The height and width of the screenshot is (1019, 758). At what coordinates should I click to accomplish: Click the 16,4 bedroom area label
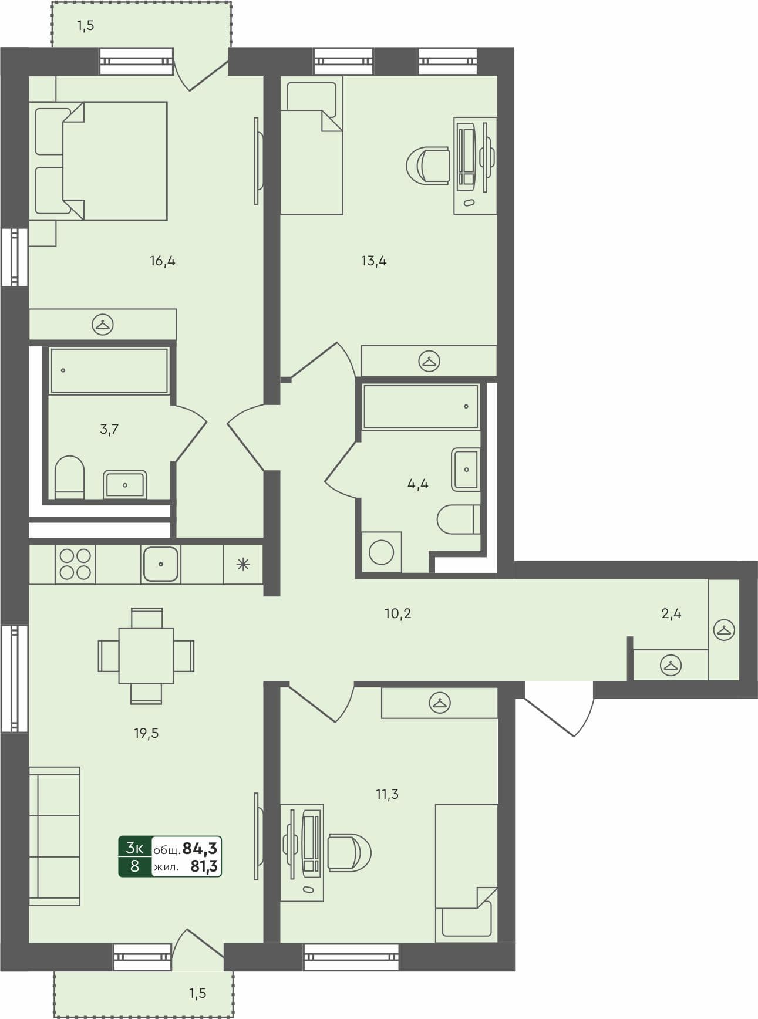pyautogui.click(x=163, y=261)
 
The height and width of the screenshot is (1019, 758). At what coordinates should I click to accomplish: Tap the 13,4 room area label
pyautogui.click(x=373, y=261)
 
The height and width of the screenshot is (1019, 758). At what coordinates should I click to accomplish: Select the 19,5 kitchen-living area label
pyautogui.click(x=146, y=733)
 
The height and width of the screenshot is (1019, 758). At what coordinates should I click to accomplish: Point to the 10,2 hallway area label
pyautogui.click(x=397, y=614)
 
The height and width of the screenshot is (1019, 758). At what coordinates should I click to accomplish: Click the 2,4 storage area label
pyautogui.click(x=671, y=614)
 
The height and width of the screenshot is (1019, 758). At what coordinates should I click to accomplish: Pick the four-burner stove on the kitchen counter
pyautogui.click(x=75, y=564)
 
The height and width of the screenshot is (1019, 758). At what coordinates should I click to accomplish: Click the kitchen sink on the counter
pyautogui.click(x=160, y=564)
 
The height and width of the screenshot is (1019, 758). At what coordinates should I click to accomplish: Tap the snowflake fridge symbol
pyautogui.click(x=243, y=565)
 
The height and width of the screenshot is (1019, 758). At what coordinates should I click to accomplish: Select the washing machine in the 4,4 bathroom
pyautogui.click(x=381, y=552)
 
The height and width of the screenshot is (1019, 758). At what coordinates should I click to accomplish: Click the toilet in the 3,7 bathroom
pyautogui.click(x=69, y=477)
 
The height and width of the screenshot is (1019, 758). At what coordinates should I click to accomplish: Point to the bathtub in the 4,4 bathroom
pyautogui.click(x=420, y=406)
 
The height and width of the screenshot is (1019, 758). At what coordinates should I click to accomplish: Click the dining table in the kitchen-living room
pyautogui.click(x=146, y=656)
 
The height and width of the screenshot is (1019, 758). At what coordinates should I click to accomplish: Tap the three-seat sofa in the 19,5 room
pyautogui.click(x=54, y=836)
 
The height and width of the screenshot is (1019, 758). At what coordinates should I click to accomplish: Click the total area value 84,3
pyautogui.click(x=200, y=848)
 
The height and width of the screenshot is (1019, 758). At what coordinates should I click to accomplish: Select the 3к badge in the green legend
pyautogui.click(x=134, y=847)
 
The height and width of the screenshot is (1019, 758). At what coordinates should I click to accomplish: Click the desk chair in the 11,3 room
pyautogui.click(x=349, y=852)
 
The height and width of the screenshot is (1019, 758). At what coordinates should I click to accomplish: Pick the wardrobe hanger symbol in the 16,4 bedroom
pyautogui.click(x=103, y=324)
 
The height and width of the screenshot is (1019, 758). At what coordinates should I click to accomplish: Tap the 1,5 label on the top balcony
pyautogui.click(x=85, y=26)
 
